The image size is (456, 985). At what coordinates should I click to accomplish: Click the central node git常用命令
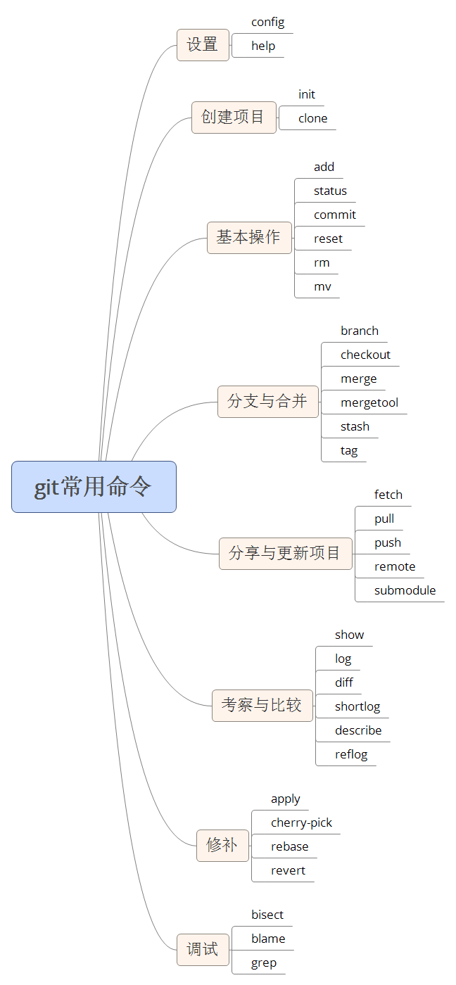click(x=94, y=487)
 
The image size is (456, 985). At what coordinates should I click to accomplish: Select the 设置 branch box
click(x=203, y=45)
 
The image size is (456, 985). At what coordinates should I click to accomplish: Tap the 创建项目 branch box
click(x=234, y=117)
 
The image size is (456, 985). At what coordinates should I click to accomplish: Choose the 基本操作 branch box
click(x=249, y=238)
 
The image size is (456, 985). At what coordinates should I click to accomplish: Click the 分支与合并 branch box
click(x=268, y=402)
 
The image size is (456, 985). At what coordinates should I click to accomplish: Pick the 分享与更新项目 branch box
click(x=285, y=554)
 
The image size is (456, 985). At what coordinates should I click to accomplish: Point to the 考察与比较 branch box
click(x=262, y=706)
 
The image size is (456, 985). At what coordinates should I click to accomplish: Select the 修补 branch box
click(x=222, y=846)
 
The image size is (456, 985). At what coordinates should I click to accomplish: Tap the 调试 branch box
click(x=203, y=950)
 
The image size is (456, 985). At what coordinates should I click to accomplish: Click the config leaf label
click(x=268, y=23)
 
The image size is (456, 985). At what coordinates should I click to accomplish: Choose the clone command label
click(x=313, y=118)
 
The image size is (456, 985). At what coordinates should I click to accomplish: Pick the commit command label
click(x=335, y=215)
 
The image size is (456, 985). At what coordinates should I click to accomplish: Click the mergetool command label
click(x=369, y=402)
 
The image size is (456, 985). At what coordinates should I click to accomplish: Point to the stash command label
click(x=355, y=426)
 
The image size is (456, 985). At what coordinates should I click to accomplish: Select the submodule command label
click(x=405, y=590)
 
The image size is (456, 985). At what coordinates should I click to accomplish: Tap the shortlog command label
click(x=357, y=706)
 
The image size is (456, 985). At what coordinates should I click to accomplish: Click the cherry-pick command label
click(x=301, y=822)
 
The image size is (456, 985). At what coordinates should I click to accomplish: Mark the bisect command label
click(x=267, y=915)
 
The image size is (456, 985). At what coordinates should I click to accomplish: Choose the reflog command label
click(x=351, y=754)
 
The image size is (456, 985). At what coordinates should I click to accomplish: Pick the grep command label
click(x=264, y=962)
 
